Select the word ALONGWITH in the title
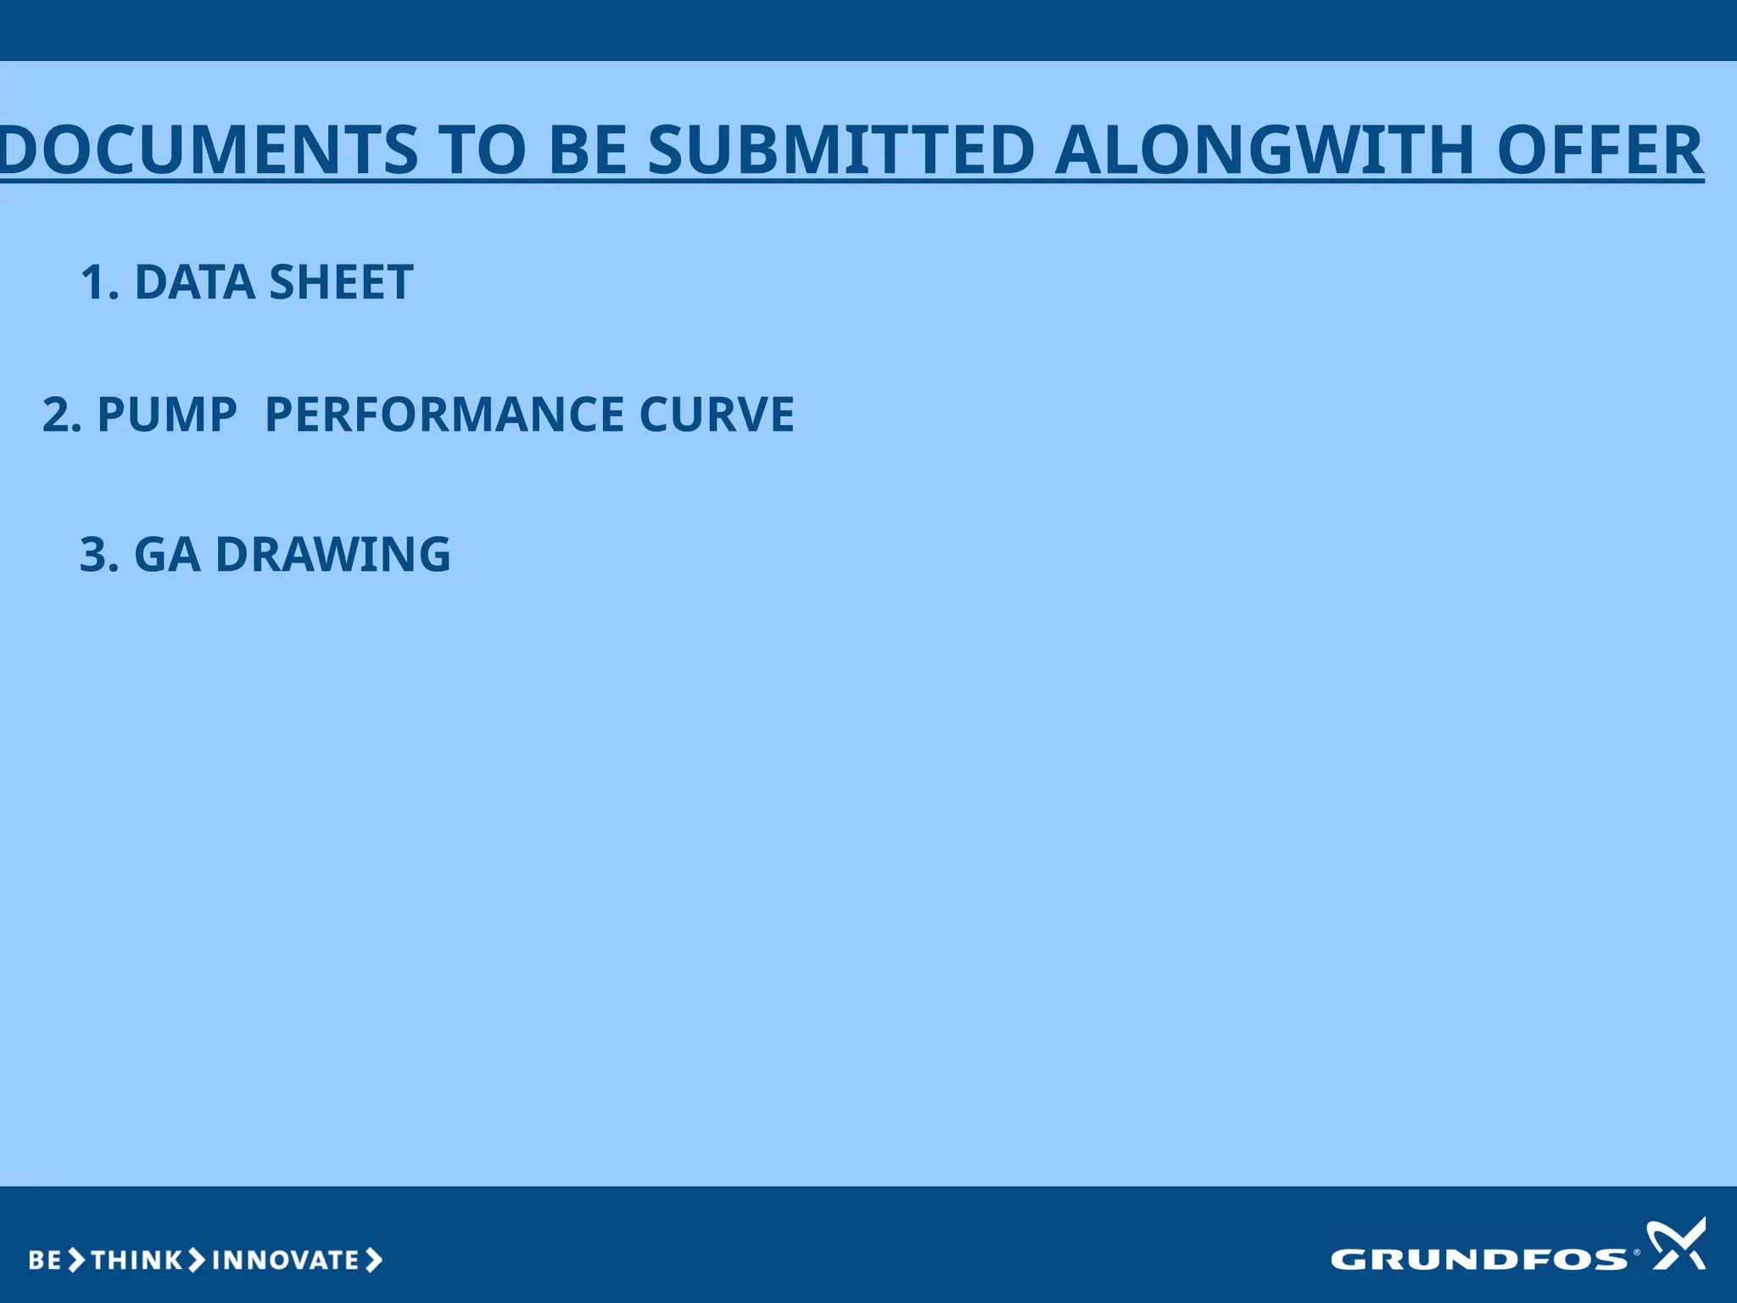tap(1264, 150)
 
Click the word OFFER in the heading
tap(1600, 150)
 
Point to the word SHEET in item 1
tap(341, 282)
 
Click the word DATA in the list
tap(194, 282)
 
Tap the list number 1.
tap(98, 282)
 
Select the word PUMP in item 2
tap(167, 415)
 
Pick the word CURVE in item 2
tap(717, 415)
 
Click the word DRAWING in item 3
tap(333, 555)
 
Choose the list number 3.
tap(98, 555)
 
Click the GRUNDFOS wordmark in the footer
tap(1479, 1260)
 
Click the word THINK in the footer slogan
tap(136, 1261)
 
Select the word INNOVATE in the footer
tap(286, 1261)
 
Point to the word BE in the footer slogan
tap(45, 1261)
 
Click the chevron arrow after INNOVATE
tap(374, 1261)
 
